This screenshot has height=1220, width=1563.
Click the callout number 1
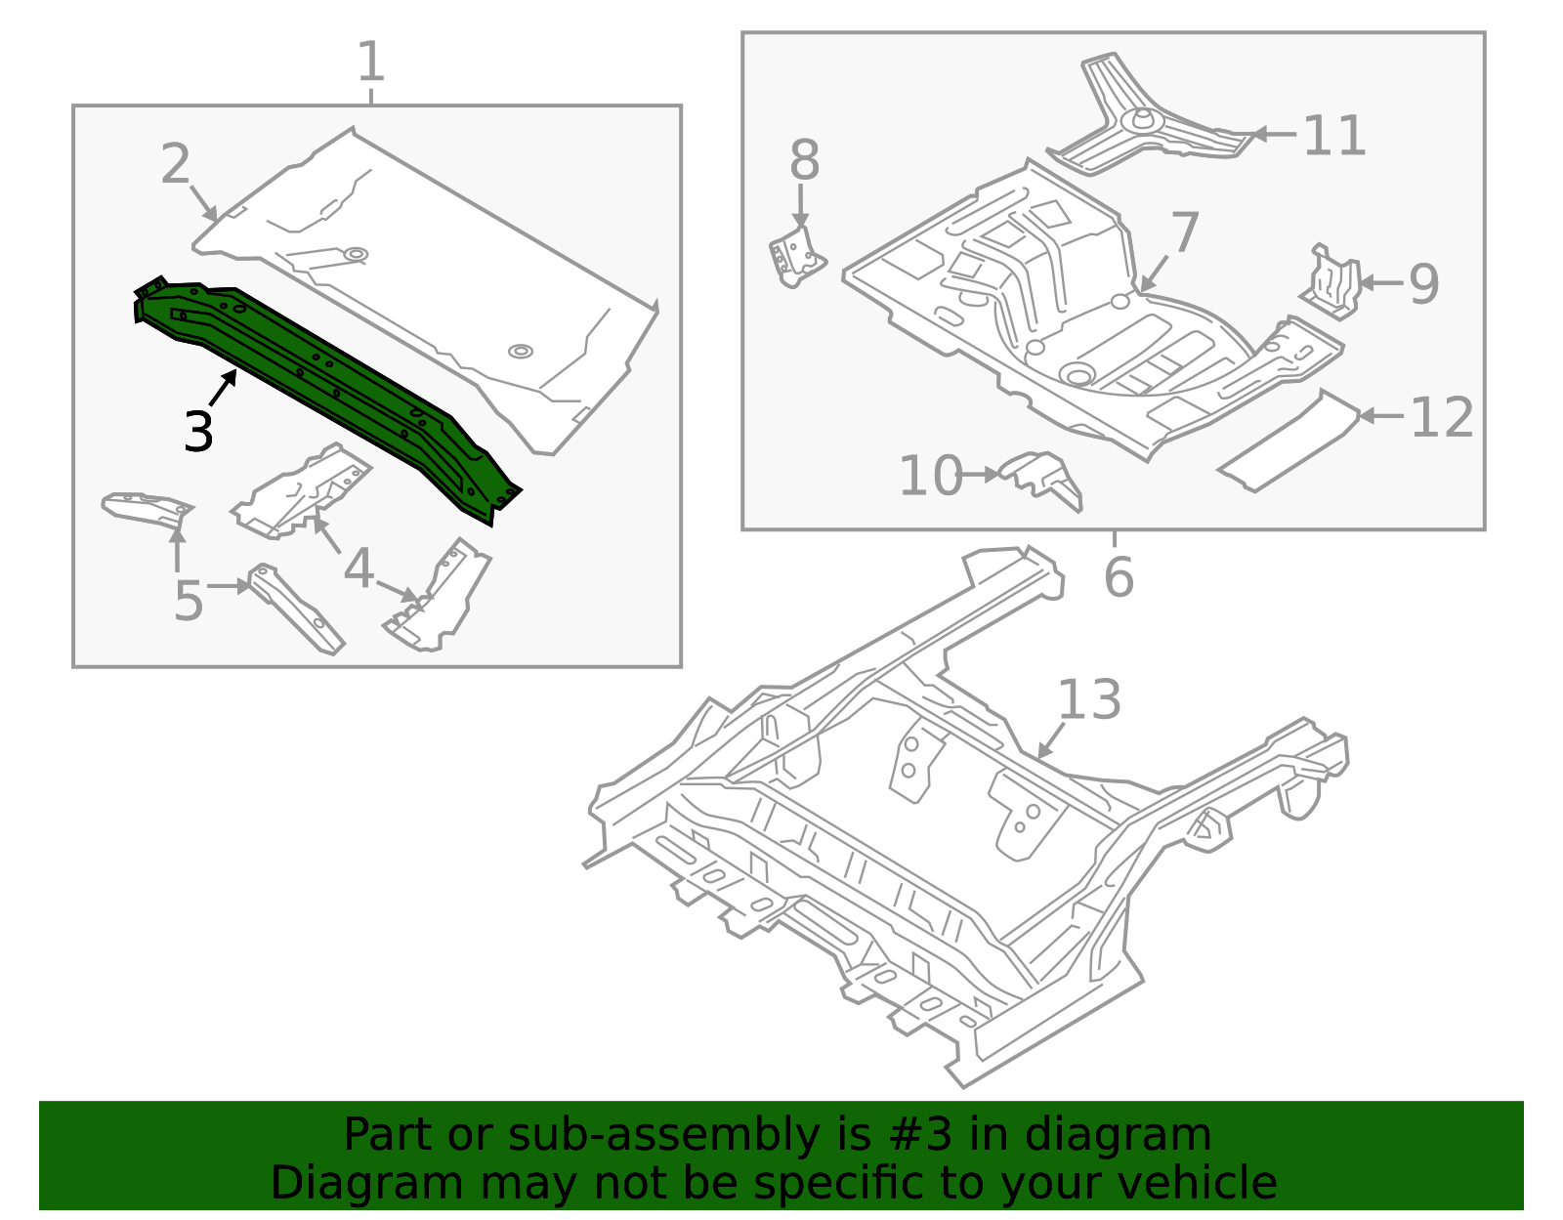coord(371,62)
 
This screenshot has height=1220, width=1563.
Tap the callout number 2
coord(176,164)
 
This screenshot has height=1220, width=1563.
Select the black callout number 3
coord(198,432)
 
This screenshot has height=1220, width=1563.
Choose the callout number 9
coord(1423,284)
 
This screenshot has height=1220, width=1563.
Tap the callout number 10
coord(931,475)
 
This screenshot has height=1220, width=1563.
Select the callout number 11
coord(1334,135)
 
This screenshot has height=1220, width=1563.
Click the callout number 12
coord(1442,417)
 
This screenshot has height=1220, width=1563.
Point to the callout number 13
coord(1090,699)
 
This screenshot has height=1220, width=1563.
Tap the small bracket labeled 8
coord(797,257)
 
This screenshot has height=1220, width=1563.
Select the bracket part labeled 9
coord(1332,282)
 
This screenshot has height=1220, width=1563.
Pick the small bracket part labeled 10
coord(1041,478)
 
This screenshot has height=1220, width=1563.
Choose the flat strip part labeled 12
coord(1288,442)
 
